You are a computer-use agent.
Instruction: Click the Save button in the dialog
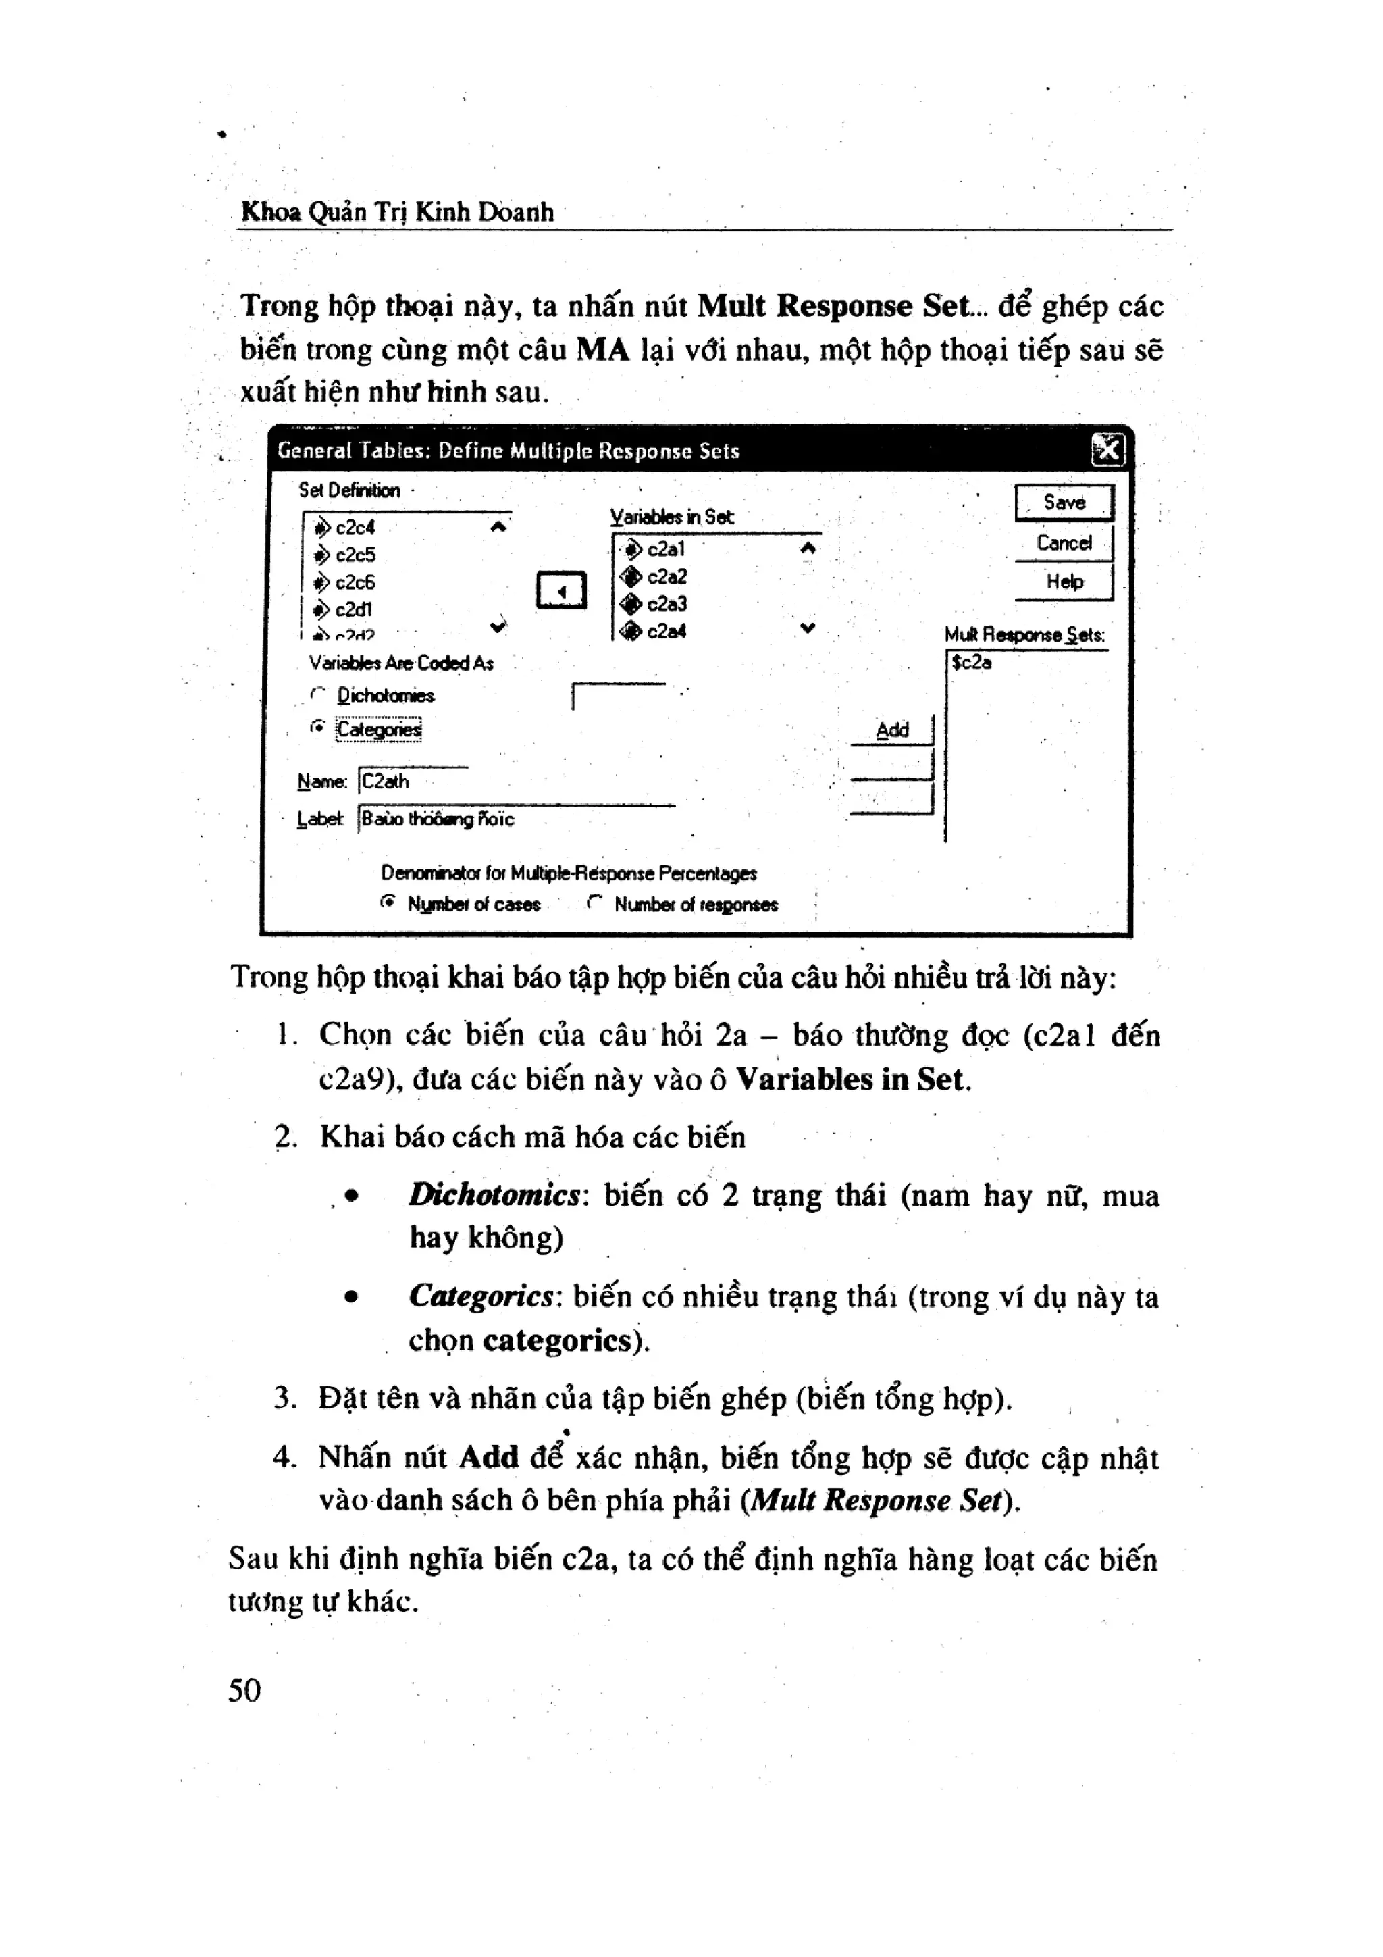coord(1064,503)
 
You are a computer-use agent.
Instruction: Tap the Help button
coord(1064,582)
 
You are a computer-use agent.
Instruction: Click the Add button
coord(892,730)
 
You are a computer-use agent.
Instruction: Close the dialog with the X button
coord(1107,450)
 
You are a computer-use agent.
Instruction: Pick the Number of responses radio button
coord(595,903)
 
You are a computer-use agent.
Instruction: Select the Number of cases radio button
coord(388,902)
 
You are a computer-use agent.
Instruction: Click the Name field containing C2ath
coord(413,781)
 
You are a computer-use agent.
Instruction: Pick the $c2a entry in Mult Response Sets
coord(972,662)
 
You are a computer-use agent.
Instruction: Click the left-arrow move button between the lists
coord(560,590)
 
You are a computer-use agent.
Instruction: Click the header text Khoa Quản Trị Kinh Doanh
coord(397,211)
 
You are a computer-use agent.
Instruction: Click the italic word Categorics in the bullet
coord(481,1296)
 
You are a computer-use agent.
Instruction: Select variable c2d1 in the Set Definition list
coord(353,610)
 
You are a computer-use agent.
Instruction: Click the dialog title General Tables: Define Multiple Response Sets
coord(508,451)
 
